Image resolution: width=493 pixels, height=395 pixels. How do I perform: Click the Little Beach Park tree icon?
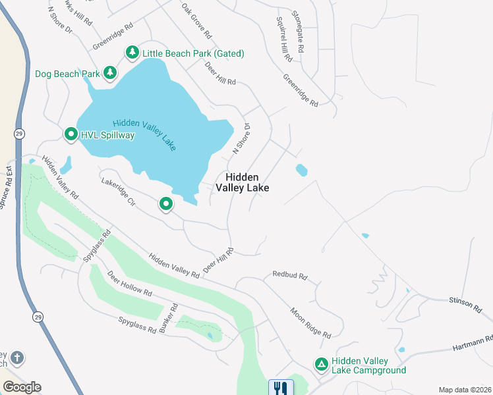coord(132,53)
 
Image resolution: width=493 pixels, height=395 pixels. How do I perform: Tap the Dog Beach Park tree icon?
coord(110,74)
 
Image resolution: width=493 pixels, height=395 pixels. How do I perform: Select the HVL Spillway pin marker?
coord(71,135)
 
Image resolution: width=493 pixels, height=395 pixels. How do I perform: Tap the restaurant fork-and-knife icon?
coord(281,388)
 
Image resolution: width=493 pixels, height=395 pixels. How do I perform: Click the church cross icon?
coord(16,358)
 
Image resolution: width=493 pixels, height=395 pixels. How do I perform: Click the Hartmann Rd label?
coord(473,343)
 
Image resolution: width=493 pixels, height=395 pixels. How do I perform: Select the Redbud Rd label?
coord(290,276)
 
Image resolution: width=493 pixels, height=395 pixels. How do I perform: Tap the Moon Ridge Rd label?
coord(310,322)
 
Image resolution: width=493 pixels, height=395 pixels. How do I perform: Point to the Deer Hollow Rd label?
coord(130,284)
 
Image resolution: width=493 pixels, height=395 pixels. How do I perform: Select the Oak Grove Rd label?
coord(197,19)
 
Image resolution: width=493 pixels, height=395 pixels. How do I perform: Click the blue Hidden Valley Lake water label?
coord(144,135)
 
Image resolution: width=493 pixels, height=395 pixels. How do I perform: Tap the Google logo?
coord(22,387)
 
